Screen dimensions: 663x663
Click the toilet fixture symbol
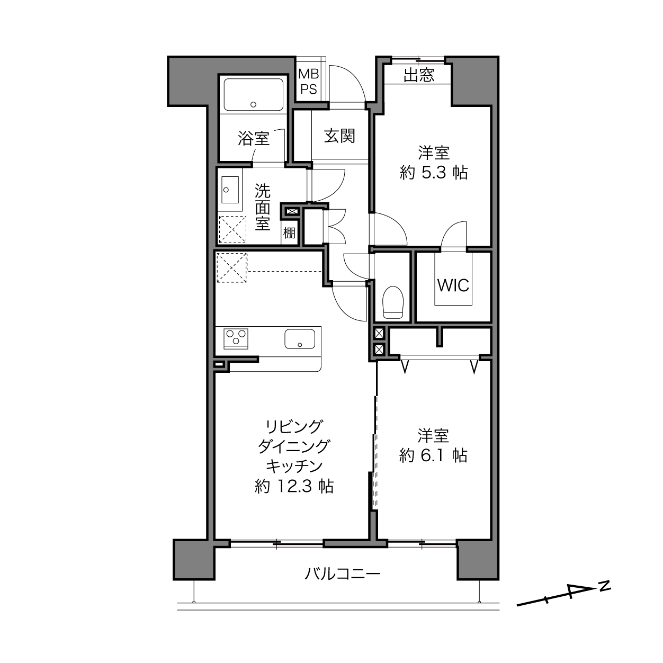point(393,302)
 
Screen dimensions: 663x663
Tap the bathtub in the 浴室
point(254,95)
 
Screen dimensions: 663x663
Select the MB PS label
point(309,82)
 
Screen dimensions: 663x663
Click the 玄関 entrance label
point(339,136)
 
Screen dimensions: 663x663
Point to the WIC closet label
point(453,285)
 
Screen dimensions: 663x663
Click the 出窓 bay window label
point(419,75)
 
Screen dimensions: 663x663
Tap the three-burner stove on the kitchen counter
point(236,338)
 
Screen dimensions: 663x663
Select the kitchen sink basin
point(300,338)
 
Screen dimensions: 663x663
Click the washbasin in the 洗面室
point(230,190)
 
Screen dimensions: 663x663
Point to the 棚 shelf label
point(289,234)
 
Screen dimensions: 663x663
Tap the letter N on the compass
point(605,587)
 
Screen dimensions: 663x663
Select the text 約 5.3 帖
point(434,173)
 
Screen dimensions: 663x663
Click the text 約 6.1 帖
point(433,456)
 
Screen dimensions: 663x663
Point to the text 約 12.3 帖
point(294,487)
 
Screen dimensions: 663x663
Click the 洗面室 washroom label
point(262,207)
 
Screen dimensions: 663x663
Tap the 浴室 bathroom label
point(254,139)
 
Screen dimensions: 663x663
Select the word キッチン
point(294,467)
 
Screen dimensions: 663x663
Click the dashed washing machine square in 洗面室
point(233,229)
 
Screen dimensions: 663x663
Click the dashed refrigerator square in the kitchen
point(232,267)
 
